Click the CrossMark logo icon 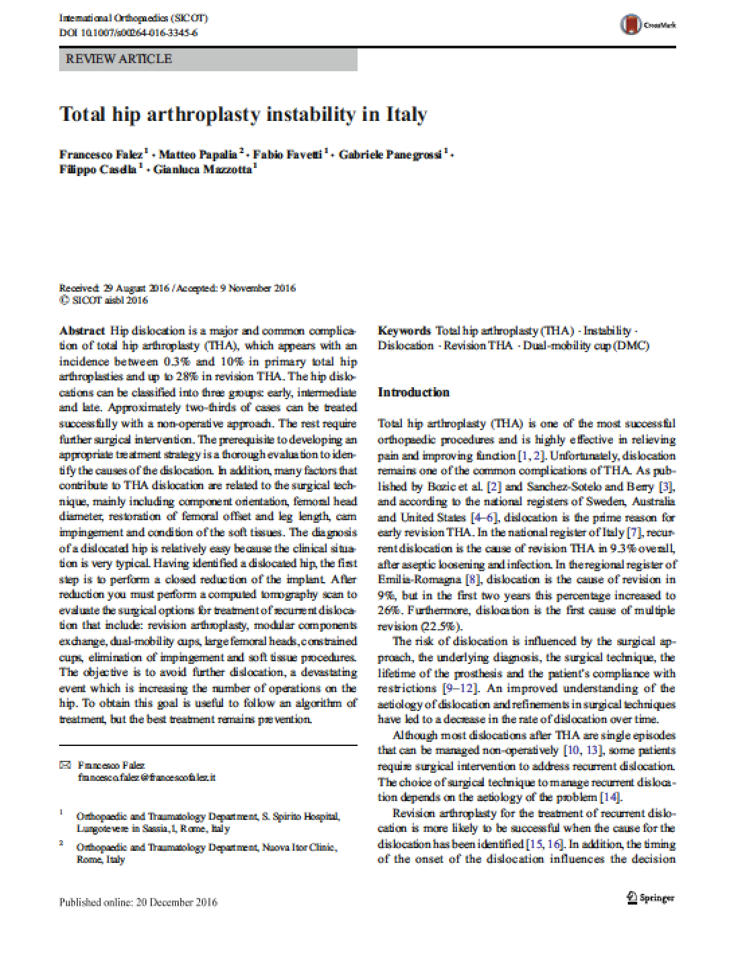click(630, 25)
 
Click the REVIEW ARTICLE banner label click(119, 59)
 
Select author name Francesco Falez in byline click(101, 155)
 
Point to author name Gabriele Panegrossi click(391, 155)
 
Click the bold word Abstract click(82, 331)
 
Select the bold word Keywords click(404, 331)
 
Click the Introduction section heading click(413, 392)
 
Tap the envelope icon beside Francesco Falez click(65, 765)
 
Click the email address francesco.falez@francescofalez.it click(147, 777)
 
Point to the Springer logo click(649, 898)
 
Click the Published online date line click(138, 902)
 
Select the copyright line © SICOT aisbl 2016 click(104, 300)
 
